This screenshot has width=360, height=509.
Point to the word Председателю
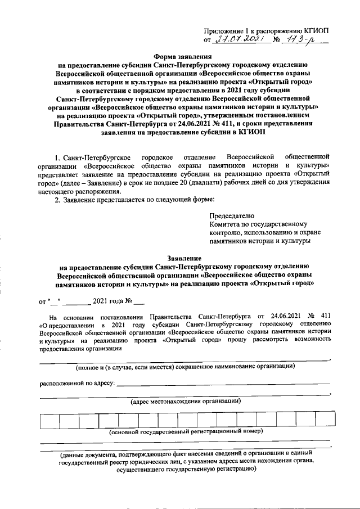point(232,215)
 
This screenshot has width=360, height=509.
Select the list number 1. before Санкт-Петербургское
point(57,155)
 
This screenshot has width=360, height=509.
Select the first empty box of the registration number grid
point(47,421)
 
